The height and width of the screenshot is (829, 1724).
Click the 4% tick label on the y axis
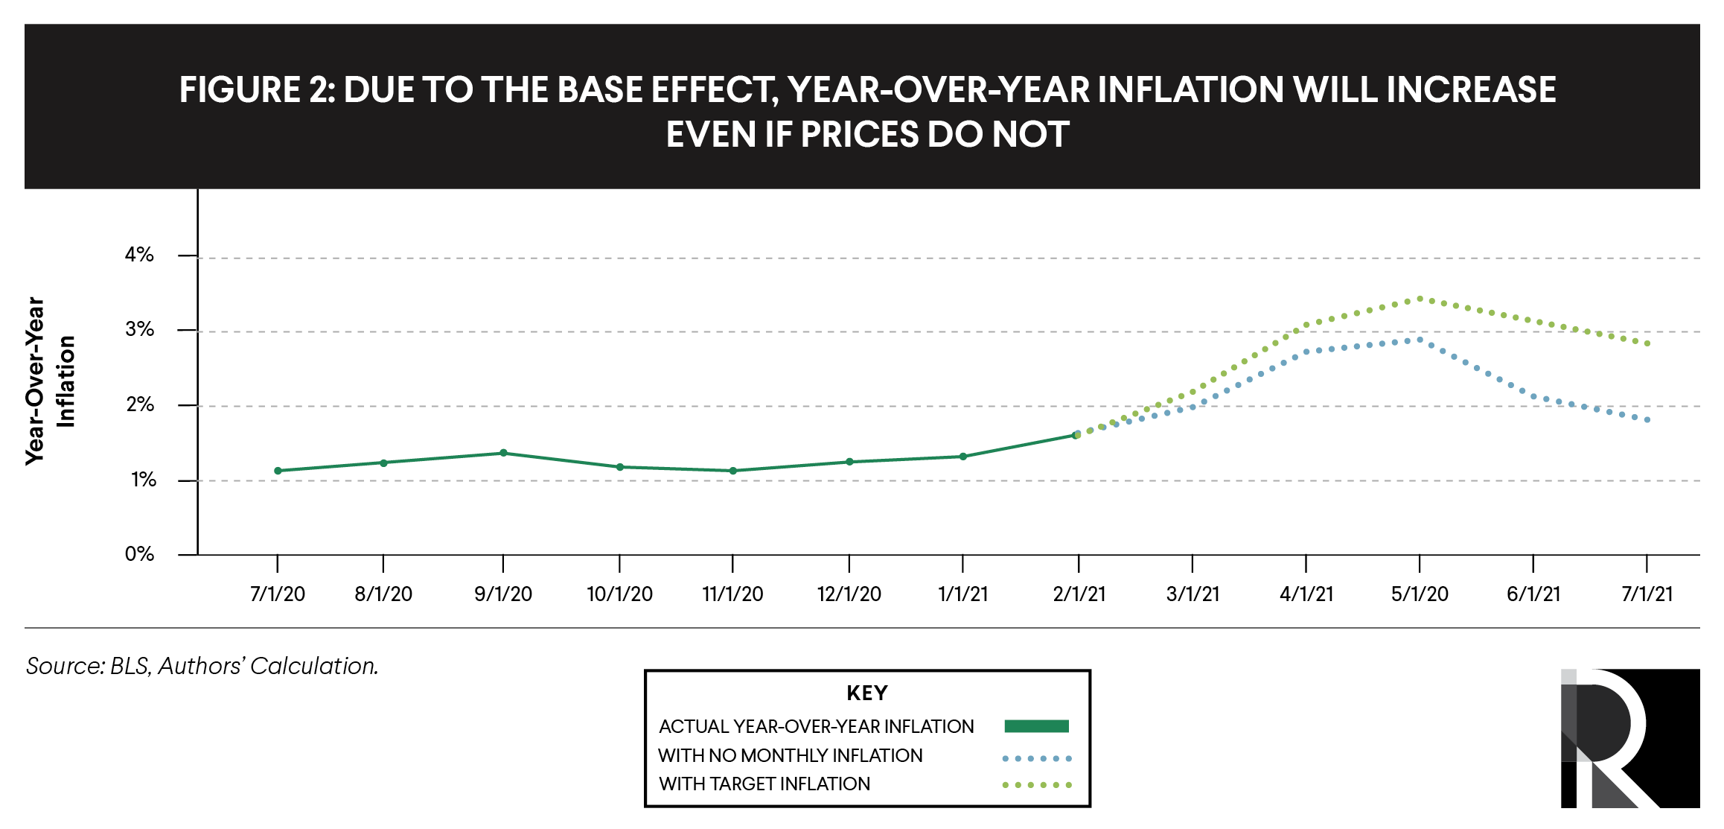click(139, 255)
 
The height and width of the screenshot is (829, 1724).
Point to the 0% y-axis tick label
click(139, 554)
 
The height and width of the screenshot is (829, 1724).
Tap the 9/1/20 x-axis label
click(503, 594)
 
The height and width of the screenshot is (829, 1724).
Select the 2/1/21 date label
click(1079, 594)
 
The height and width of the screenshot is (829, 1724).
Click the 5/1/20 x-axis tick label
click(1420, 594)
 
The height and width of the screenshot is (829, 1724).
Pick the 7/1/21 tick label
click(1647, 594)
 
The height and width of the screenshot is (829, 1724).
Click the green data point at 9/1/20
click(504, 453)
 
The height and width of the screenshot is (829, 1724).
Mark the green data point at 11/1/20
click(733, 471)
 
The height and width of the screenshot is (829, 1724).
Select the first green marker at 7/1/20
click(278, 471)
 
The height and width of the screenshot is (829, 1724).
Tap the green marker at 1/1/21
click(963, 457)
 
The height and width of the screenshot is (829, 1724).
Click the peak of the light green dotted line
click(1420, 299)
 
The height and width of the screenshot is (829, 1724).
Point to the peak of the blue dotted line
click(1420, 340)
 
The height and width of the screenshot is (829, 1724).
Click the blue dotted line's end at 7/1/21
click(1647, 420)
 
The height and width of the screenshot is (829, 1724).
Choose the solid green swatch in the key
click(1036, 726)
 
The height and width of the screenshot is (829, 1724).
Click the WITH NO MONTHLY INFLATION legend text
click(790, 755)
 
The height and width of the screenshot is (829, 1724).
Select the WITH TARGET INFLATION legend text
click(764, 784)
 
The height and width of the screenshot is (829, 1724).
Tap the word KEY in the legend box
click(867, 693)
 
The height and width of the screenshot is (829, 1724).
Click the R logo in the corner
click(1629, 738)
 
